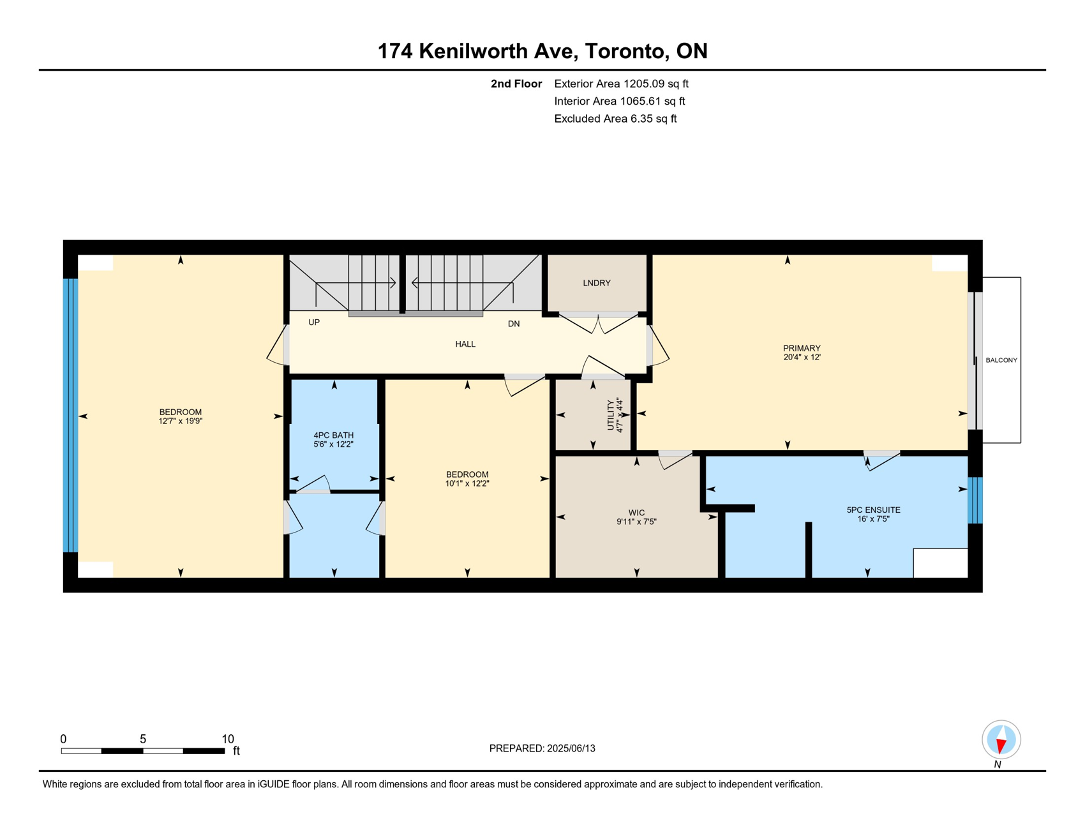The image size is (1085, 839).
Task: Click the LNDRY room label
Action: coord(597,283)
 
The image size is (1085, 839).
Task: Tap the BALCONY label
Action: coord(1001,360)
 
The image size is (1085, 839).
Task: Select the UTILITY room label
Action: coord(611,415)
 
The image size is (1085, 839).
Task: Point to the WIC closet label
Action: coord(636,513)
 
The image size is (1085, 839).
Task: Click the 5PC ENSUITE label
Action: coord(873,510)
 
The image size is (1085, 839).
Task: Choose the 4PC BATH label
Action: coord(333,435)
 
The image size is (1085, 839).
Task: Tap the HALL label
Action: coord(465,344)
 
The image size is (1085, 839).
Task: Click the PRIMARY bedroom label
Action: coord(802,348)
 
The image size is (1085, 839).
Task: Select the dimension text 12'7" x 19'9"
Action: coord(181,421)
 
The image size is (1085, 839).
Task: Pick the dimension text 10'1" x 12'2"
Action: coord(467,483)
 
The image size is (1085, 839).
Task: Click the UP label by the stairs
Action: coord(314,322)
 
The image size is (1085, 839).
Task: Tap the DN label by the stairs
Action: coord(514,324)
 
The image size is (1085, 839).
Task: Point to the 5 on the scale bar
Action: coord(143,739)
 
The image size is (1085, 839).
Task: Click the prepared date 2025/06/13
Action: coord(571,748)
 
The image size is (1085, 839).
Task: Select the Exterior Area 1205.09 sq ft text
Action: coord(621,84)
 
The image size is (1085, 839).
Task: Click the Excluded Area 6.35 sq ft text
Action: coord(615,119)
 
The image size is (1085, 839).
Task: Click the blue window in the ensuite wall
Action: coord(975,501)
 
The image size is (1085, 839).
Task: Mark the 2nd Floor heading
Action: coord(516,84)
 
